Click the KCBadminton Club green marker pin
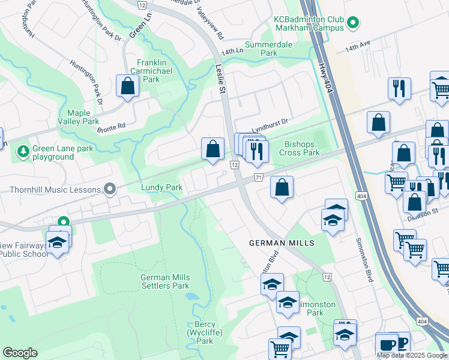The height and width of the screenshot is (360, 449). (x=353, y=24)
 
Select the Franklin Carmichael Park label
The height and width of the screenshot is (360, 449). (x=148, y=71)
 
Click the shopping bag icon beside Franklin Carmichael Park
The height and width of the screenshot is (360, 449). (x=128, y=86)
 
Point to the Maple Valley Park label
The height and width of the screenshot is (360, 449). (x=83, y=117)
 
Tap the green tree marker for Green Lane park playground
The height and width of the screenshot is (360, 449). (x=23, y=150)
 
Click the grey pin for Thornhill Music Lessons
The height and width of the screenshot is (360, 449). (x=110, y=190)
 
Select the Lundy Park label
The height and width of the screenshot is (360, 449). (x=161, y=188)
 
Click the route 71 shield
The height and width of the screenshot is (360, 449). (x=259, y=178)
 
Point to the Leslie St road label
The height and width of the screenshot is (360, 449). (x=221, y=79)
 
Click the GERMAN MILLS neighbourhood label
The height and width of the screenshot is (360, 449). (x=282, y=243)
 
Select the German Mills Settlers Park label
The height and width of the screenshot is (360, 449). (x=165, y=281)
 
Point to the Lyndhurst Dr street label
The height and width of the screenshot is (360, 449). (x=270, y=127)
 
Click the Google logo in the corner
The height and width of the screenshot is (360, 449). (x=20, y=353)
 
